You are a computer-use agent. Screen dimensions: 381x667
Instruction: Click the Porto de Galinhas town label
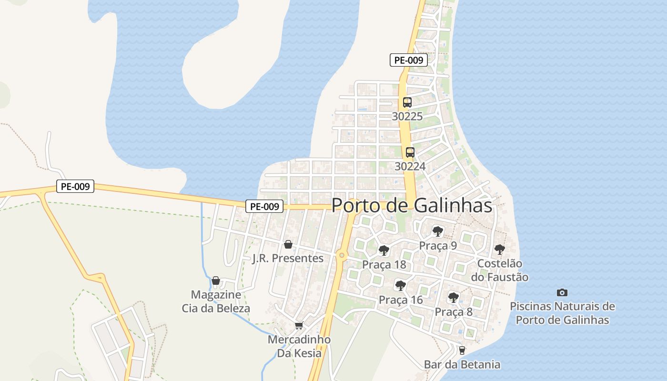tap(412, 205)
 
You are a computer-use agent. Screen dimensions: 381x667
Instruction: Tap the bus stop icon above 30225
tap(407, 102)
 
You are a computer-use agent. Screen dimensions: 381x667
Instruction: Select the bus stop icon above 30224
tap(410, 152)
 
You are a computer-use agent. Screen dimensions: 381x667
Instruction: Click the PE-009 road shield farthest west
tap(75, 186)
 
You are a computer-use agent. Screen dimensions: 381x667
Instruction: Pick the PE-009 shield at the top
tap(408, 60)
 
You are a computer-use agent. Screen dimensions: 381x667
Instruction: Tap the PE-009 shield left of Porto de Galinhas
tap(264, 206)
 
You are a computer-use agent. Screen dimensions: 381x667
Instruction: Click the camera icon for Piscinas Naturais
tap(562, 292)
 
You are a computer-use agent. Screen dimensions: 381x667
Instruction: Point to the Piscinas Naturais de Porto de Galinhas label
tap(562, 313)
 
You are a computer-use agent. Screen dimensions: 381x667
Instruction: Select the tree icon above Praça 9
tap(437, 231)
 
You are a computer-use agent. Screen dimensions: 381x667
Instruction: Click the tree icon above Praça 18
tap(384, 250)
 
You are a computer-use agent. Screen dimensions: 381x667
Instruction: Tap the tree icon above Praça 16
tap(401, 286)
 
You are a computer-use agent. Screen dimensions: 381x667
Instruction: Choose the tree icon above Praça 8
tap(454, 298)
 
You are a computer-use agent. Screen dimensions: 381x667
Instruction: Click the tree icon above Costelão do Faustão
tap(499, 249)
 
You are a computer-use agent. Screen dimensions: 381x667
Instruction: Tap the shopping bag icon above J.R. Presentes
tap(288, 245)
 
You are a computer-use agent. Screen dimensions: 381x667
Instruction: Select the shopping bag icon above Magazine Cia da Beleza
tap(216, 281)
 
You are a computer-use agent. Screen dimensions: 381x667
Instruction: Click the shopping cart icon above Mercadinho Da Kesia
tap(299, 326)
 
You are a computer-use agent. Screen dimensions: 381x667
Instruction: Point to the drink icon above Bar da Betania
tap(462, 351)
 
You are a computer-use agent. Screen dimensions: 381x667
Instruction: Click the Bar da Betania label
tap(462, 365)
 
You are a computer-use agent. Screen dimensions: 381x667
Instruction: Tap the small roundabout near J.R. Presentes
tap(341, 255)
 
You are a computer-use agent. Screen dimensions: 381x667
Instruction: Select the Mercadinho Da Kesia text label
tap(299, 346)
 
